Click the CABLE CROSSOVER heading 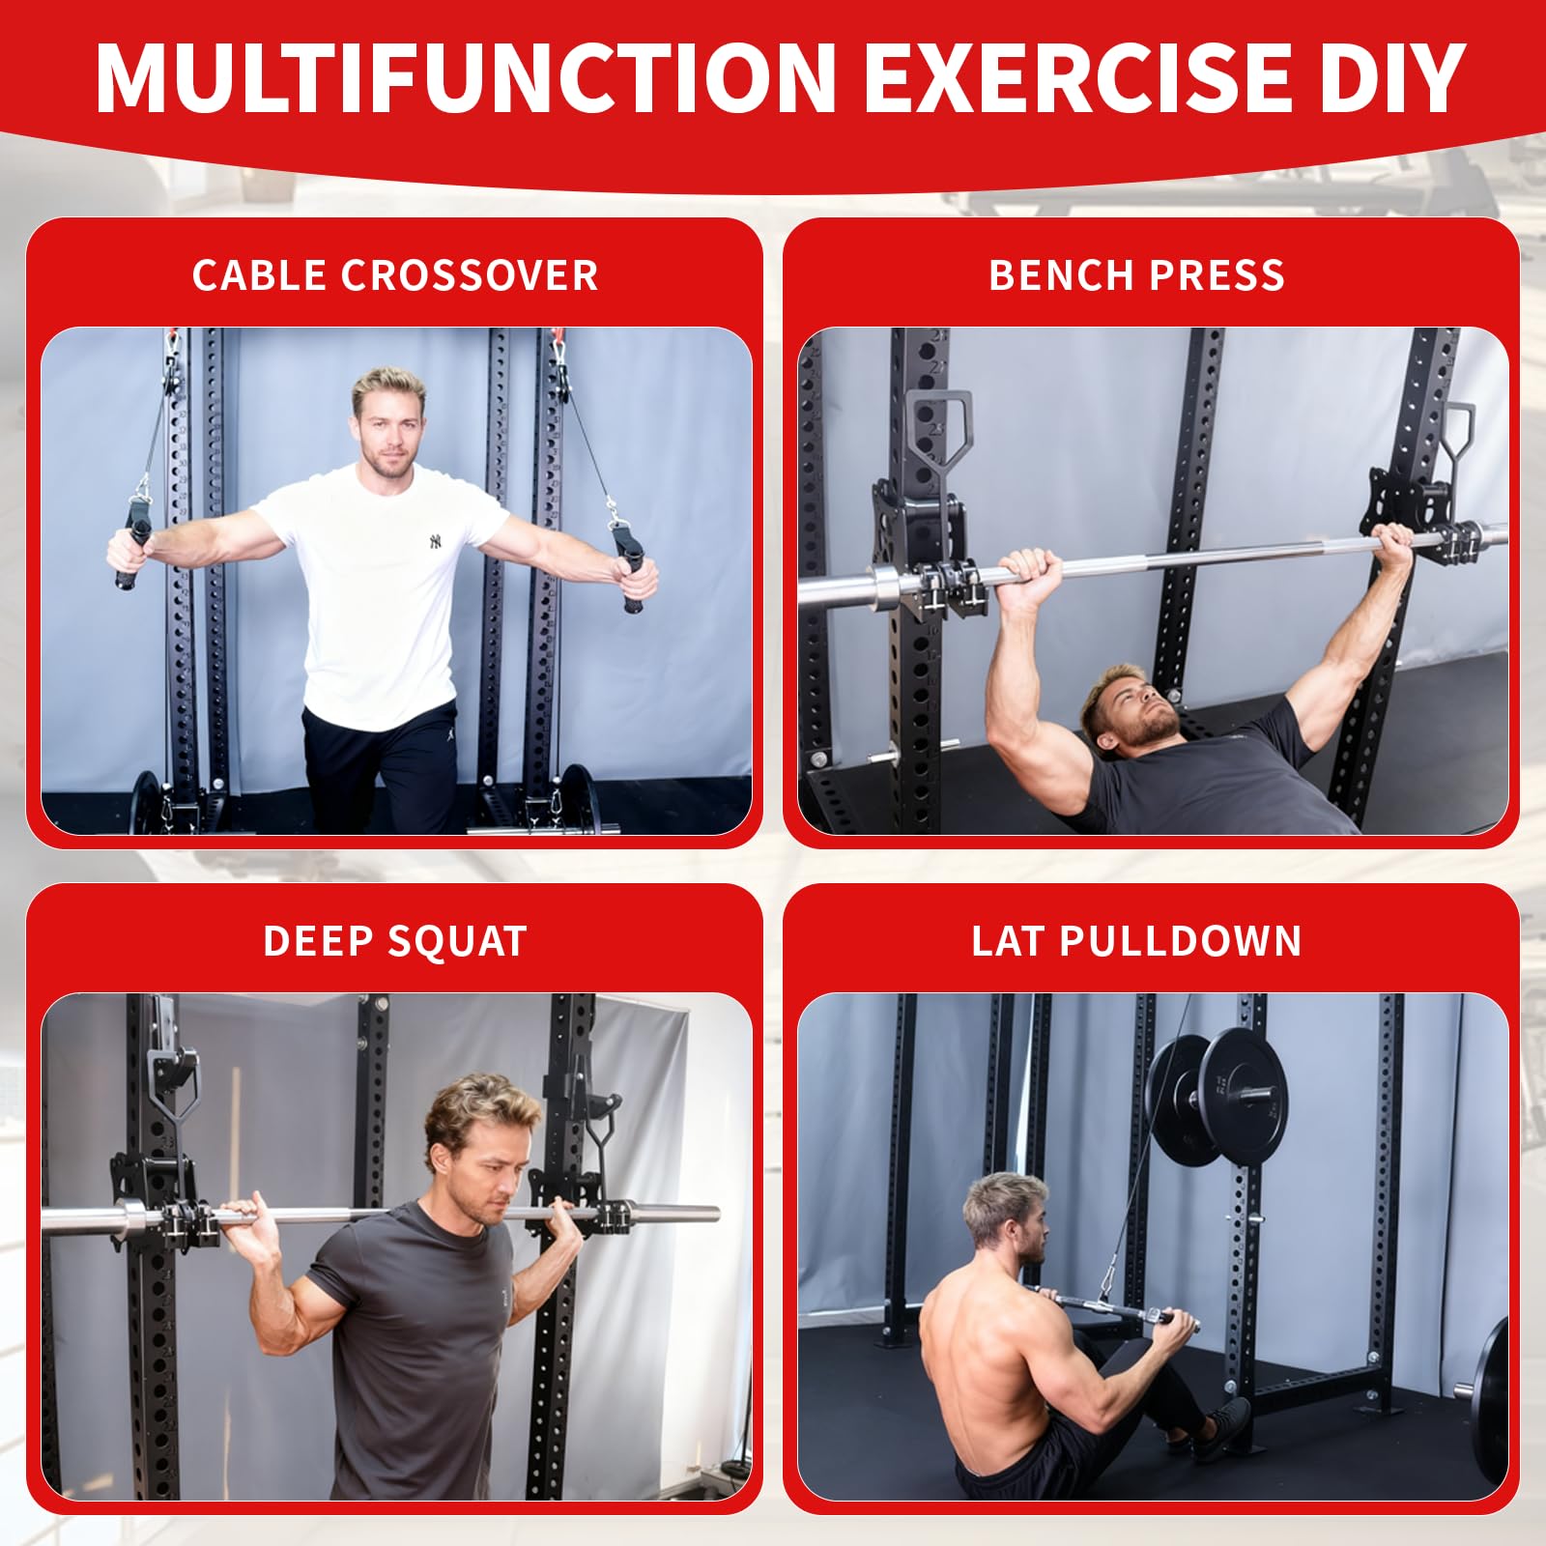click(x=395, y=275)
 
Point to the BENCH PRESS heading click(x=1136, y=275)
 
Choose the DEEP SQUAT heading click(x=395, y=941)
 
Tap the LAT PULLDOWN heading click(x=1136, y=941)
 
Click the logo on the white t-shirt click(x=436, y=542)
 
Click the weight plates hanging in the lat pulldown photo click(x=1217, y=1098)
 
